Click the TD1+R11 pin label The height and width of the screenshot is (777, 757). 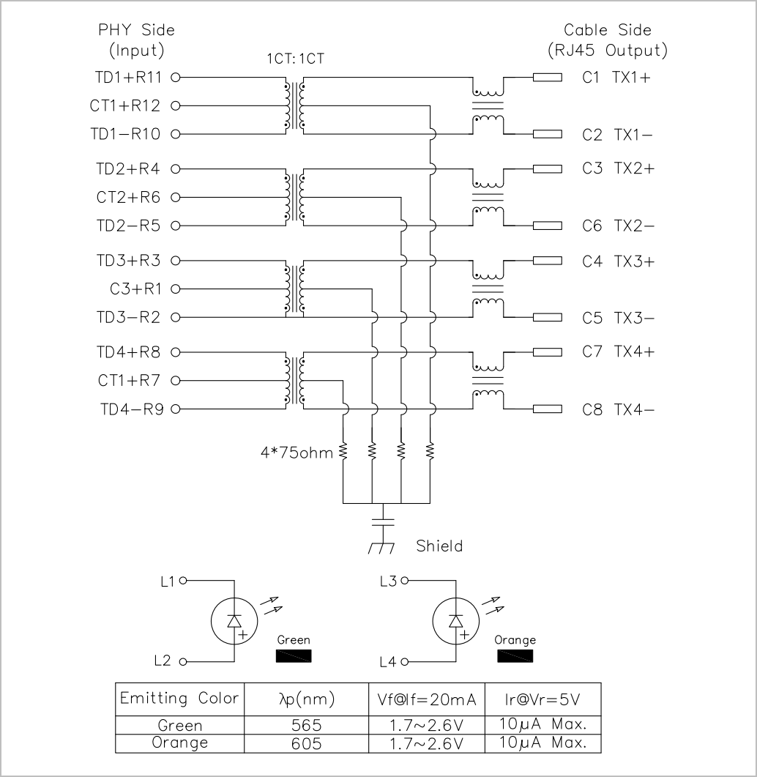[x=128, y=78]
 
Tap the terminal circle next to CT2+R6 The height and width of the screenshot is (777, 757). [x=176, y=197]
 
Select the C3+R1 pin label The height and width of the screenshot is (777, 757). [x=135, y=289]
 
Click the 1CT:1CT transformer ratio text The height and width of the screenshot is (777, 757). [x=295, y=59]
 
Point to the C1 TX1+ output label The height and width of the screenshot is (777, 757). [x=616, y=78]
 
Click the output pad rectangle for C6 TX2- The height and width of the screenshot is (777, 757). [x=548, y=226]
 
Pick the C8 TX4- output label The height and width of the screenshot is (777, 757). [x=619, y=410]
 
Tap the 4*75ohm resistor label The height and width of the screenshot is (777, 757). [x=297, y=453]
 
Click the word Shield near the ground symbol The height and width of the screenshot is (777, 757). [x=439, y=546]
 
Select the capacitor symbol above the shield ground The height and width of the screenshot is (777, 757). [x=382, y=522]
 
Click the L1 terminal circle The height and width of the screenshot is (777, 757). [x=183, y=580]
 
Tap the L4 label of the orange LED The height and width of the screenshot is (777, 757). [x=388, y=661]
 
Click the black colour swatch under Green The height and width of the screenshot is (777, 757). [x=294, y=656]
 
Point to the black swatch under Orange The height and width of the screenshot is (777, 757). [x=515, y=656]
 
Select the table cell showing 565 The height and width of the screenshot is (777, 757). [x=307, y=725]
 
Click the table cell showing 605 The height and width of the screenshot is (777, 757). [x=307, y=743]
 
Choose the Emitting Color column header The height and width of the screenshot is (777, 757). [x=179, y=699]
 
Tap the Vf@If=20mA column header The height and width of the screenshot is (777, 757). [x=427, y=699]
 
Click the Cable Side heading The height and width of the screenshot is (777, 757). [x=608, y=30]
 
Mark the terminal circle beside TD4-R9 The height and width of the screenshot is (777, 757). [x=176, y=409]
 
